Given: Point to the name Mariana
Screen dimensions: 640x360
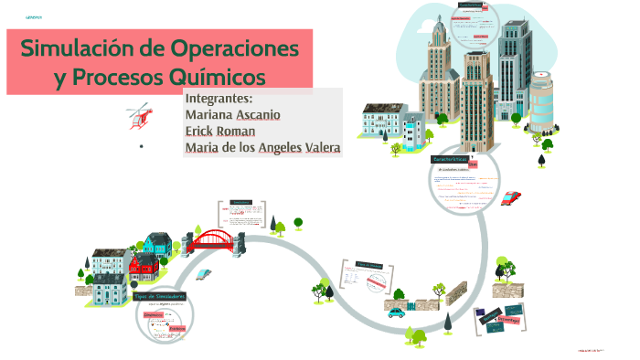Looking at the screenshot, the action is (208, 115).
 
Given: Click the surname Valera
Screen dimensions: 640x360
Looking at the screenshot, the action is (315, 147).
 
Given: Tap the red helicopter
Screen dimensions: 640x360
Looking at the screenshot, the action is (139, 116).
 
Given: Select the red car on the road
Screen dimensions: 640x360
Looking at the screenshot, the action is (512, 196).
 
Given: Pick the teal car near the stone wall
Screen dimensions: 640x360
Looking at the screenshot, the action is (396, 312).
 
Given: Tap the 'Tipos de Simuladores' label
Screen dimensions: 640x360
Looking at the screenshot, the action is (160, 297).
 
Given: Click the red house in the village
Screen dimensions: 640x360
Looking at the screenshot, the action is (143, 268).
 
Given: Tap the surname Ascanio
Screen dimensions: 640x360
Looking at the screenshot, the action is (258, 115).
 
